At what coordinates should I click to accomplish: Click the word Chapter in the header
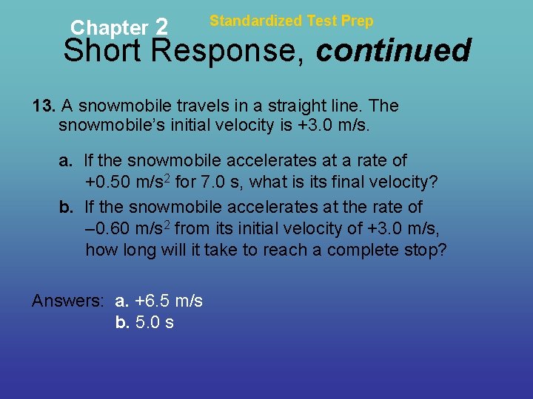tap(109, 28)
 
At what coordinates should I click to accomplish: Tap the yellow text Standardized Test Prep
tap(292, 21)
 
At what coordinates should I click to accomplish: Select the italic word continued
tap(394, 51)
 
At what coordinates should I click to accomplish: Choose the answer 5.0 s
tap(155, 322)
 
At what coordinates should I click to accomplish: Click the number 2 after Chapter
tap(162, 27)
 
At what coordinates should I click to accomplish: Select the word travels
tap(218, 106)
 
